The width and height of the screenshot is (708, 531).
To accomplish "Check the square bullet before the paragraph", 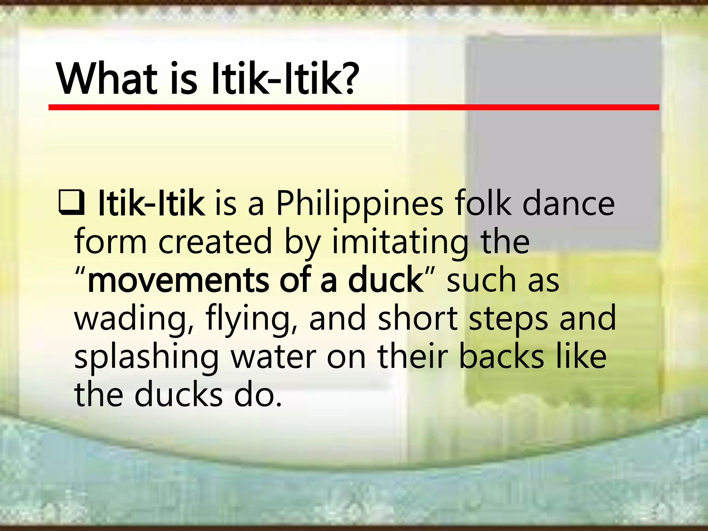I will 71,202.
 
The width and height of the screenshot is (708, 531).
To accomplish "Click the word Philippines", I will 360,205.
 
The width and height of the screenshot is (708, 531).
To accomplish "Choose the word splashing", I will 147,357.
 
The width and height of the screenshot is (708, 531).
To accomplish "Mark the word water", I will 273,357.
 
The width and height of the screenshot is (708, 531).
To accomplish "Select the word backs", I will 501,357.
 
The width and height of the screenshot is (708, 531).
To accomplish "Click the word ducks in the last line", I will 178,395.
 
